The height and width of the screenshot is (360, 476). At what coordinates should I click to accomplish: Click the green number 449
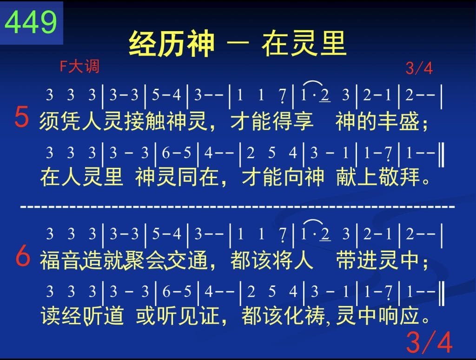point(31,22)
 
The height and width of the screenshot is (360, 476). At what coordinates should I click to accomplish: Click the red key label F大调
point(79,66)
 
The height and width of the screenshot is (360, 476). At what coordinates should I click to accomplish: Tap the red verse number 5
point(22,117)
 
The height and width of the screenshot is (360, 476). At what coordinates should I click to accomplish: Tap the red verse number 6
point(23,256)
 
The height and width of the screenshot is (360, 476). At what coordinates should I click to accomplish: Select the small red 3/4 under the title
point(419,68)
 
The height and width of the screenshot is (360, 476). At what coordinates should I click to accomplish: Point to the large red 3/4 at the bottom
point(429,342)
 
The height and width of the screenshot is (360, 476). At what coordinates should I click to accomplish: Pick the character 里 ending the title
point(333,44)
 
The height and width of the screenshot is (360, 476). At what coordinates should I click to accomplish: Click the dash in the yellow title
point(238,43)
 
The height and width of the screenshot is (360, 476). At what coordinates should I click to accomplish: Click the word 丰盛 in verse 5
point(398,121)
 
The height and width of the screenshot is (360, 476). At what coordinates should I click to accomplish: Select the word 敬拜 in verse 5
point(399,177)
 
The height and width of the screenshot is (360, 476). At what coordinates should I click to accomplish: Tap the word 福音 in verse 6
point(60,260)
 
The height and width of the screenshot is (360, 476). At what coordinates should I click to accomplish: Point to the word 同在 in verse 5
point(198,177)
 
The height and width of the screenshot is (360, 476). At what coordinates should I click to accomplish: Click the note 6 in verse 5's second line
point(166,153)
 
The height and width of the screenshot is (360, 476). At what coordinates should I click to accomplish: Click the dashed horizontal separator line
point(238,207)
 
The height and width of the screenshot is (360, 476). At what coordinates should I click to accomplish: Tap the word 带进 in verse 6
point(357,260)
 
